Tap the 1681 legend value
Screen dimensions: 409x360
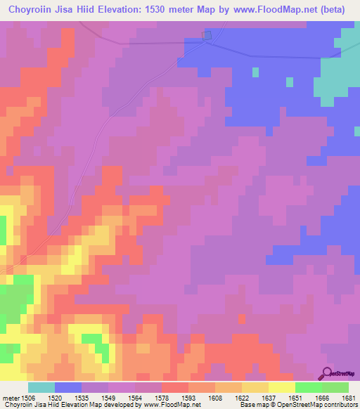pos(349,397)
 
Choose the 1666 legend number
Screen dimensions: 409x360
pos(323,397)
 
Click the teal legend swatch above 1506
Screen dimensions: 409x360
pos(41,387)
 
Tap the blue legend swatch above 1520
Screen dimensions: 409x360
pos(68,387)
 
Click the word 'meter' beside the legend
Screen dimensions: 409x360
pos(11,397)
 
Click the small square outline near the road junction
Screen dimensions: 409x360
pos(207,36)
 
